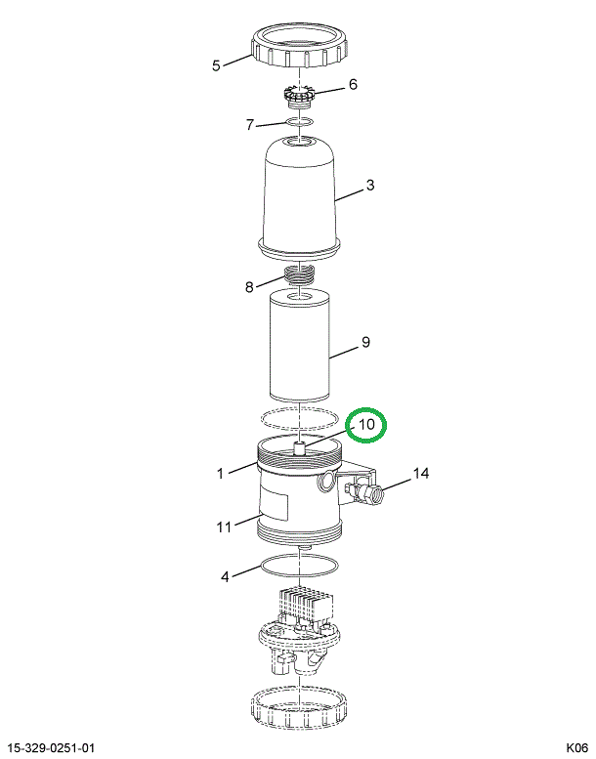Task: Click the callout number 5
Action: click(216, 65)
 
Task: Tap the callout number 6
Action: click(353, 84)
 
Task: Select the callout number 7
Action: click(249, 125)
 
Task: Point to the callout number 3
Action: click(370, 185)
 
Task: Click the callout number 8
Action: click(249, 287)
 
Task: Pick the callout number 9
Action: click(365, 342)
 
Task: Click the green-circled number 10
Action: click(366, 425)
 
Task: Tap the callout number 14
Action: click(421, 473)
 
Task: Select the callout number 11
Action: click(224, 527)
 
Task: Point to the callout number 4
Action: click(225, 577)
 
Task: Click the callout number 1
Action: click(220, 474)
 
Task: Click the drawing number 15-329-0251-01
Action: click(52, 748)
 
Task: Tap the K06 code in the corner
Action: click(577, 748)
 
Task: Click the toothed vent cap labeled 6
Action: click(299, 95)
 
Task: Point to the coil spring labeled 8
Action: click(299, 275)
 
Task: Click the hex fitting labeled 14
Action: click(374, 494)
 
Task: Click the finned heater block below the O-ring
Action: click(306, 605)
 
